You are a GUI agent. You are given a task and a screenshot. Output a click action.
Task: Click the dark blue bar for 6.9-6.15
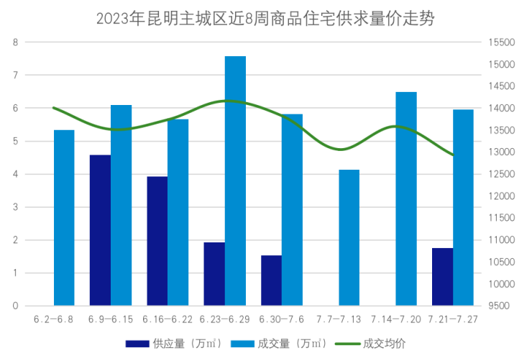tap(100, 230)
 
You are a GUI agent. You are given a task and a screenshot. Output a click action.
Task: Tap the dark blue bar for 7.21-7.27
tap(443, 276)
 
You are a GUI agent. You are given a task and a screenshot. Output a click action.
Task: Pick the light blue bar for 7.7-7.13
tap(349, 237)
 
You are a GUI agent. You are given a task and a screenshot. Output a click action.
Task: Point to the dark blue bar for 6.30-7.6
tap(271, 280)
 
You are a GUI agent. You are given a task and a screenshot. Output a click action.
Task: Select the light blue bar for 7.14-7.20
tap(406, 198)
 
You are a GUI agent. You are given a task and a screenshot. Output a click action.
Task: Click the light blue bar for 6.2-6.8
tap(65, 217)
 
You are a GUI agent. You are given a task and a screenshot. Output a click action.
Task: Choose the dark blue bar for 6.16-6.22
tap(157, 241)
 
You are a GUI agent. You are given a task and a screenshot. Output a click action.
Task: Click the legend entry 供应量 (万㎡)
tap(180, 343)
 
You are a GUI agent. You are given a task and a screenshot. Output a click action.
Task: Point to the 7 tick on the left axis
tap(16, 75)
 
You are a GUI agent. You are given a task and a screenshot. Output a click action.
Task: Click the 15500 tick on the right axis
tap(501, 42)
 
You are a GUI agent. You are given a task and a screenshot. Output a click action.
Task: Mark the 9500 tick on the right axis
tap(498, 306)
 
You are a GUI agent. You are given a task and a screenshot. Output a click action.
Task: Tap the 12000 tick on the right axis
tap(501, 196)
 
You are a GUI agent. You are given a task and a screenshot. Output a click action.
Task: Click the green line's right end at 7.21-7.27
tap(452, 155)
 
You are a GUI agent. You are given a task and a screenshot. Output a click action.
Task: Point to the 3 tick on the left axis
tap(16, 207)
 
